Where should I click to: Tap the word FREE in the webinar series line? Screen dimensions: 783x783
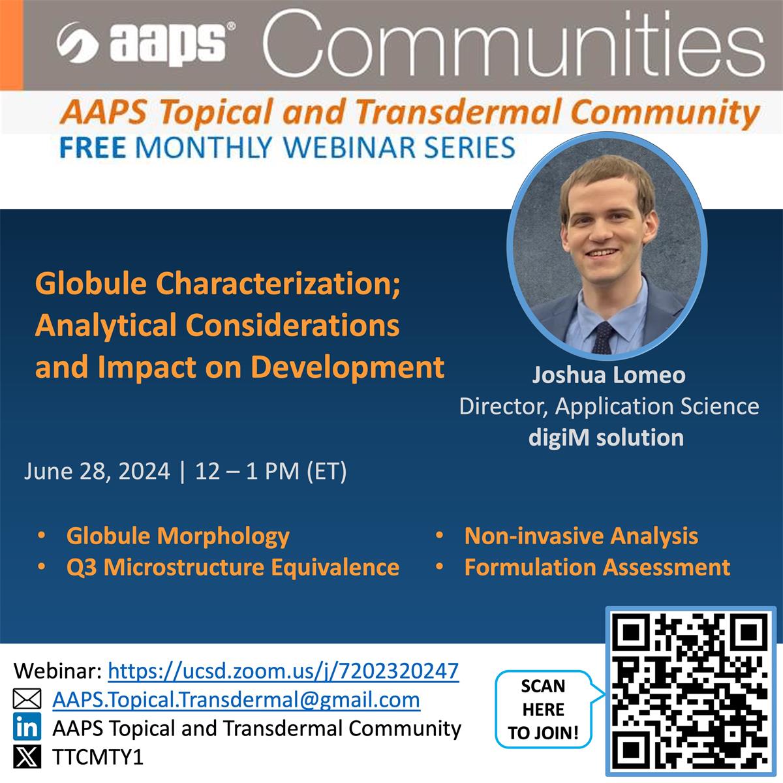coord(92,147)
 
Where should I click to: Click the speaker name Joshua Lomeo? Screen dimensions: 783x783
coord(609,375)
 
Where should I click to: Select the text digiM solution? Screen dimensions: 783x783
coord(606,437)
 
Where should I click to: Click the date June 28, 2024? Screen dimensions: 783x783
coord(97,470)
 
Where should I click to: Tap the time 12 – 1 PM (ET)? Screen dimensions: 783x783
coord(271,470)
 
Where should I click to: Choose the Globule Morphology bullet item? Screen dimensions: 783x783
coord(177,536)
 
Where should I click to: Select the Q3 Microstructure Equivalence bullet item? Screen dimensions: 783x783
coord(232,567)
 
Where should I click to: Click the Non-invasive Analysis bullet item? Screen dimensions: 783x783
coord(581,536)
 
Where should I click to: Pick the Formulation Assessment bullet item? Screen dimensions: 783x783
coord(597,567)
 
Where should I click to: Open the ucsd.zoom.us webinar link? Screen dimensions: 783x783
coord(283,671)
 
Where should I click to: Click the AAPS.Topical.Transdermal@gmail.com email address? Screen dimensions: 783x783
coord(236,699)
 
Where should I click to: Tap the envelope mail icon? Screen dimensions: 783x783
coord(27,699)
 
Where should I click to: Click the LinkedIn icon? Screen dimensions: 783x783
coord(27,728)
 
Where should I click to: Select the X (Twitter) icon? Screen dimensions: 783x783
coord(27,756)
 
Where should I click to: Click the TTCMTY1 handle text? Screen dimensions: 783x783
coord(97,757)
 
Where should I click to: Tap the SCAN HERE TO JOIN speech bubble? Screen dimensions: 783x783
coord(544,709)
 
